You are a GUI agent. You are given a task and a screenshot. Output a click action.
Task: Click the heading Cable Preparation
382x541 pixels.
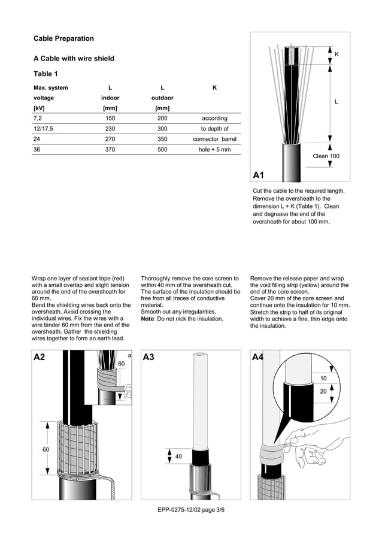pyautogui.click(x=63, y=38)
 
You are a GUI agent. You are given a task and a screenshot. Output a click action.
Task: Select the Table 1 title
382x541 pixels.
pyautogui.click(x=46, y=74)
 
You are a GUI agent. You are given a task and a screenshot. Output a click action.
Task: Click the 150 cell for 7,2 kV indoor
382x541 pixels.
pyautogui.click(x=110, y=119)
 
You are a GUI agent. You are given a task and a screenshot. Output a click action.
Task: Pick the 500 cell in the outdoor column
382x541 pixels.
pyautogui.click(x=162, y=149)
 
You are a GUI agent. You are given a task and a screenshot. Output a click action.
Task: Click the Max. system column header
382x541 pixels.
pyautogui.click(x=51, y=88)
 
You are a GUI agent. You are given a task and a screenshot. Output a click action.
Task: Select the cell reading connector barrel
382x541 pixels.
pyautogui.click(x=214, y=139)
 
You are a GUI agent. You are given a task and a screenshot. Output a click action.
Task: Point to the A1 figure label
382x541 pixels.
pyautogui.click(x=259, y=176)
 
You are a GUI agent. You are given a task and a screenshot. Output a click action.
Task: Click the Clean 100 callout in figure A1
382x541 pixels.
pyautogui.click(x=326, y=156)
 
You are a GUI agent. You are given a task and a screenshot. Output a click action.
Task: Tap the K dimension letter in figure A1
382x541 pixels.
pyautogui.click(x=336, y=55)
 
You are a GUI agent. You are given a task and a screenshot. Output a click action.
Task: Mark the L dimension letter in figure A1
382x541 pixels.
pyautogui.click(x=336, y=102)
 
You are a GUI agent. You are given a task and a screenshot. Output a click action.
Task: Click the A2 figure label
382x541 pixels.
pyautogui.click(x=40, y=357)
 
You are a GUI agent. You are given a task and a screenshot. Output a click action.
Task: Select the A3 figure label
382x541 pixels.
pyautogui.click(x=149, y=357)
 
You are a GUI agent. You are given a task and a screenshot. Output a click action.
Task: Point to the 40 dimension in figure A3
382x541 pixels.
pyautogui.click(x=178, y=457)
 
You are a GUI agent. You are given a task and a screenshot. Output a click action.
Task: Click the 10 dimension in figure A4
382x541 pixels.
pyautogui.click(x=323, y=378)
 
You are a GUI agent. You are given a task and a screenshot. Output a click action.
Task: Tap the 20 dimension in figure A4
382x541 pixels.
pyautogui.click(x=323, y=391)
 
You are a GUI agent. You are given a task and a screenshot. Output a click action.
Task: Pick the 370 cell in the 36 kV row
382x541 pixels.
pyautogui.click(x=110, y=149)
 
